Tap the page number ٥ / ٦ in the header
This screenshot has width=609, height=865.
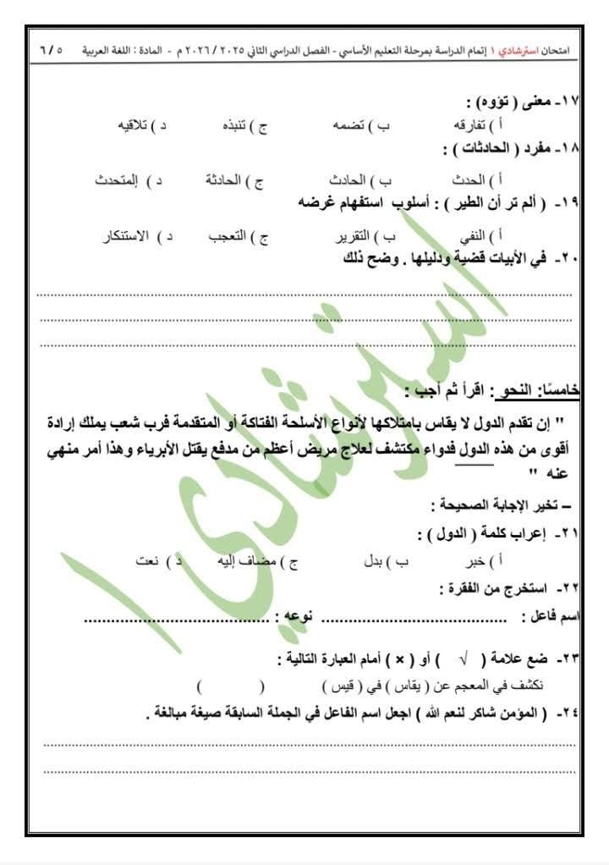52,51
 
